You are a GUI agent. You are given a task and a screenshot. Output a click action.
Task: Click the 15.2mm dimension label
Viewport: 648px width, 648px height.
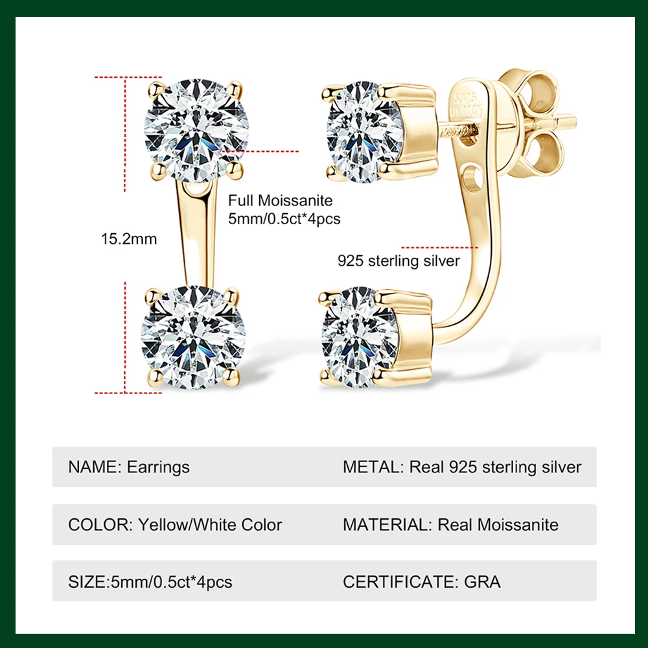click(x=129, y=239)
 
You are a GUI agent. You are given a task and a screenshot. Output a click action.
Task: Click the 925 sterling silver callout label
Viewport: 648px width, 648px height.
click(x=398, y=261)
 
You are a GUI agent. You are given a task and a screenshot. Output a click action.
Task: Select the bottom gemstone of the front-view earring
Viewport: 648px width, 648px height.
click(x=193, y=337)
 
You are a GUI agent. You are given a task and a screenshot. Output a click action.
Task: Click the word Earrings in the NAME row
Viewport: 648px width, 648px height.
click(x=159, y=467)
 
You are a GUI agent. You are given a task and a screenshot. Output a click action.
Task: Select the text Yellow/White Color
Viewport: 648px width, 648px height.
click(x=210, y=524)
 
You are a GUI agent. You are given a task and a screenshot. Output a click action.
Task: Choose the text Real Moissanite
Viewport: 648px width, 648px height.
click(x=498, y=524)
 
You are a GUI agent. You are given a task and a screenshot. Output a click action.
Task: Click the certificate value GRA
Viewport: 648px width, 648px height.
click(x=482, y=581)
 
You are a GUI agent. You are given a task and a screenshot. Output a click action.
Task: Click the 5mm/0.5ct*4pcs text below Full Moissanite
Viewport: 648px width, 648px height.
click(x=284, y=219)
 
